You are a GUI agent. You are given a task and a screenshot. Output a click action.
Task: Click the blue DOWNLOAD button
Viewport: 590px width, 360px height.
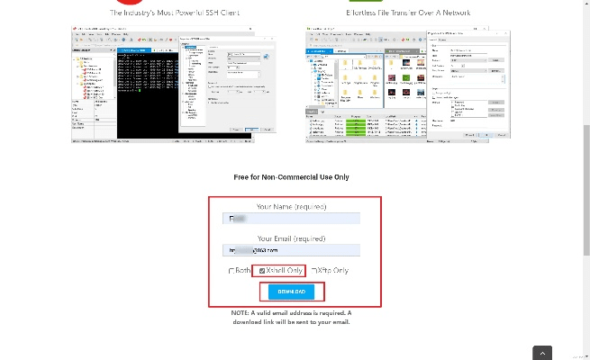point(291,292)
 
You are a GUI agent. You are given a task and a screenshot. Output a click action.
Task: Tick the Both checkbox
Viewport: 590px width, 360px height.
point(231,270)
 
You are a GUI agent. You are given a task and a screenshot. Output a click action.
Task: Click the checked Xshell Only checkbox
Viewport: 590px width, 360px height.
point(262,270)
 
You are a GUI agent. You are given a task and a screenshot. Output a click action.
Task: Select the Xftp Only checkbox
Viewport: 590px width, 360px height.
point(314,270)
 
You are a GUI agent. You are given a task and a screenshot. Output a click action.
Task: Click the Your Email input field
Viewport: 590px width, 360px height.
point(291,250)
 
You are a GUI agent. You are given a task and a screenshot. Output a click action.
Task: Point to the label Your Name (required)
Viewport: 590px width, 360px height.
point(291,206)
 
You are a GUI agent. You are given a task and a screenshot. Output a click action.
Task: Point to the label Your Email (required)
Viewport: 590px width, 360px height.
point(291,238)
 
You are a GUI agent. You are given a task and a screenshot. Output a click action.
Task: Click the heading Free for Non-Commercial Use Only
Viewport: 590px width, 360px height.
point(291,177)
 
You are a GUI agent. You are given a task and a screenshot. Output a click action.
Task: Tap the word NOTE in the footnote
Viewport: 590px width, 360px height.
point(241,313)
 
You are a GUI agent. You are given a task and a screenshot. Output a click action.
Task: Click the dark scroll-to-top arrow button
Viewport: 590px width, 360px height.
point(542,352)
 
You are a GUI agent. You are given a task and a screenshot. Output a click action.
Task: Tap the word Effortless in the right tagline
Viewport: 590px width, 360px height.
point(365,13)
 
